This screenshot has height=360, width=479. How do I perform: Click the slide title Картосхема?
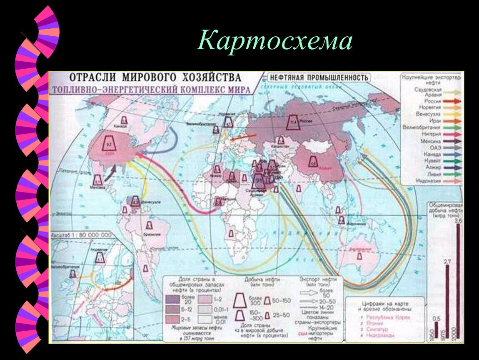click(274, 41)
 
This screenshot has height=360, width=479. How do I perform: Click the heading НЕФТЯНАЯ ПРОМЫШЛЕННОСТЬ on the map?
click(319, 77)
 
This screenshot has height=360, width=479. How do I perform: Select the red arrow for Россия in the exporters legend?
click(454, 101)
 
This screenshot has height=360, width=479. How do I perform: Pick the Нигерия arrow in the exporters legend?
click(454, 134)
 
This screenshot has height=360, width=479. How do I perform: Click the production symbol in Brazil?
click(149, 225)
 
